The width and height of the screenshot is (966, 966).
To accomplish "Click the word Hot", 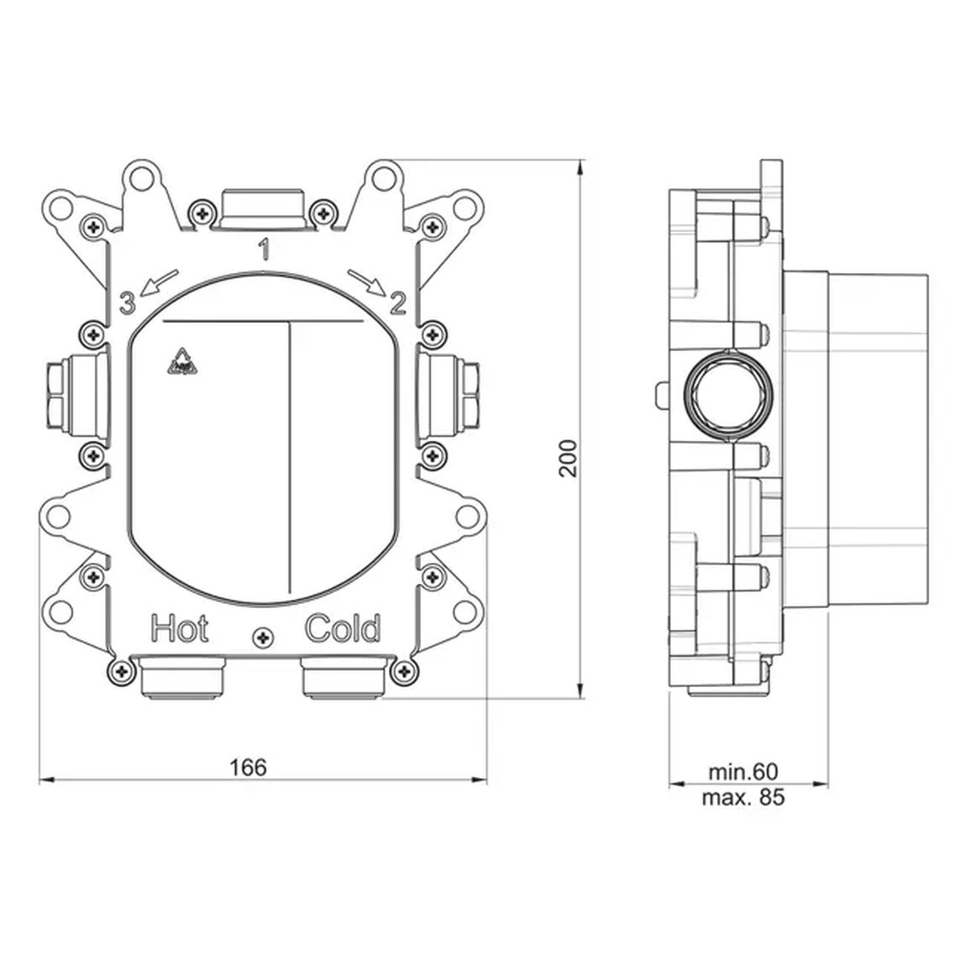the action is tap(179, 629).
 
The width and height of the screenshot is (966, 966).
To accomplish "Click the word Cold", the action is tap(344, 629).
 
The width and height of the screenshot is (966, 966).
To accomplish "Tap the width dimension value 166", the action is tap(249, 768).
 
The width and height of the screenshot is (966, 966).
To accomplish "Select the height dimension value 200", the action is tap(568, 458).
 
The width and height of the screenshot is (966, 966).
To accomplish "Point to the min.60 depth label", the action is tap(743, 771).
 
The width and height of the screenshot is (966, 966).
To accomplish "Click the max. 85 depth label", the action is tap(743, 798).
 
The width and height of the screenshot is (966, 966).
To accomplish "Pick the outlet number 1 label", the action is tap(265, 249).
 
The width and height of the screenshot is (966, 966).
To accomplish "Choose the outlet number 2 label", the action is tap(398, 303).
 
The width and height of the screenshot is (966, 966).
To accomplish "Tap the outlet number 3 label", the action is tap(127, 303).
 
